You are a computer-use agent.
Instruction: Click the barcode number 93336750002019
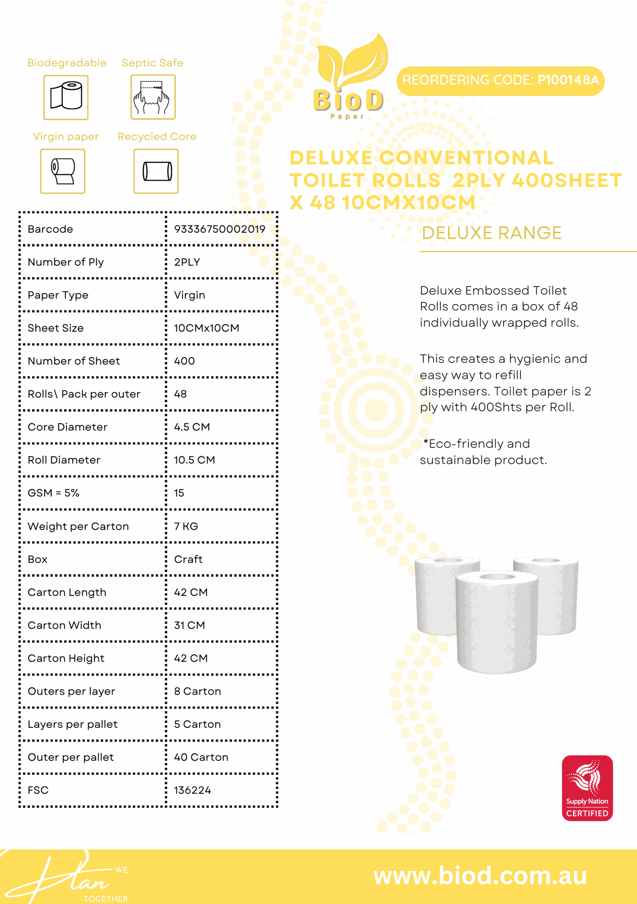[x=220, y=229]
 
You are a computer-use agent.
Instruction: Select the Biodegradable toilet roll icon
[x=66, y=97]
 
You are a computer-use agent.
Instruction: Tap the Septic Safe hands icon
[x=153, y=97]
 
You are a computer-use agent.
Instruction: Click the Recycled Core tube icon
[x=156, y=171]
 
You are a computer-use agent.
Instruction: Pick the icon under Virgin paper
[x=63, y=171]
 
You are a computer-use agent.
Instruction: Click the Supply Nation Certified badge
[x=587, y=788]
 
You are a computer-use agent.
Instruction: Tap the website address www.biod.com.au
[x=480, y=876]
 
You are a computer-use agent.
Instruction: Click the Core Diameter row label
[x=68, y=427]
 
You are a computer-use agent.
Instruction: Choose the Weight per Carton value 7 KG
[x=186, y=526]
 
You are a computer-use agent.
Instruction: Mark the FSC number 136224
[x=193, y=790]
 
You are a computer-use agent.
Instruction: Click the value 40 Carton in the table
[x=201, y=757]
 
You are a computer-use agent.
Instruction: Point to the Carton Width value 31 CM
[x=189, y=625]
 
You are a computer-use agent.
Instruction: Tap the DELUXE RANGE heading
[x=491, y=233]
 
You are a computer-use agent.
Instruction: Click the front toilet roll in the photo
[x=497, y=624]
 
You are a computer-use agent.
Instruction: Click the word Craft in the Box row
[x=188, y=559]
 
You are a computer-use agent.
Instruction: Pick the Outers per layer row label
[x=71, y=691]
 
